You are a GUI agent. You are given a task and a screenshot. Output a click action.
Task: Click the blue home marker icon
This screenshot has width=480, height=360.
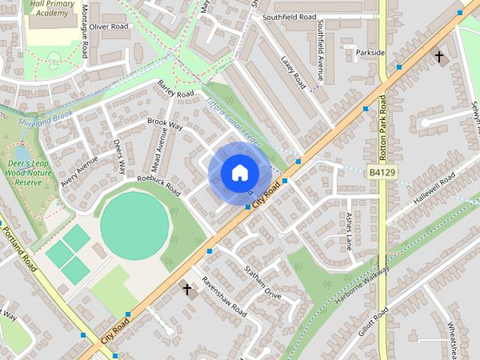click(x=239, y=172)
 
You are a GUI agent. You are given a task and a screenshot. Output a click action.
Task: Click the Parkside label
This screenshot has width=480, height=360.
click(x=370, y=52)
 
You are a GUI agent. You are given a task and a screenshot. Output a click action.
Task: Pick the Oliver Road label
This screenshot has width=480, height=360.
click(x=109, y=26)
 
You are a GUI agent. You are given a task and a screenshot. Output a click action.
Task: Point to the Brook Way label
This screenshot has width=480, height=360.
click(x=165, y=124)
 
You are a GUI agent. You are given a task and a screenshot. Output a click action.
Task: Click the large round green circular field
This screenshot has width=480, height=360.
click(x=135, y=226)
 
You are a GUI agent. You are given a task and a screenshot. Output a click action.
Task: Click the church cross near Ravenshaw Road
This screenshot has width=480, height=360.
click(x=187, y=288)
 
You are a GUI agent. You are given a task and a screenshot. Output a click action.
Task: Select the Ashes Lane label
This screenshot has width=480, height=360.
click(x=349, y=230)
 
